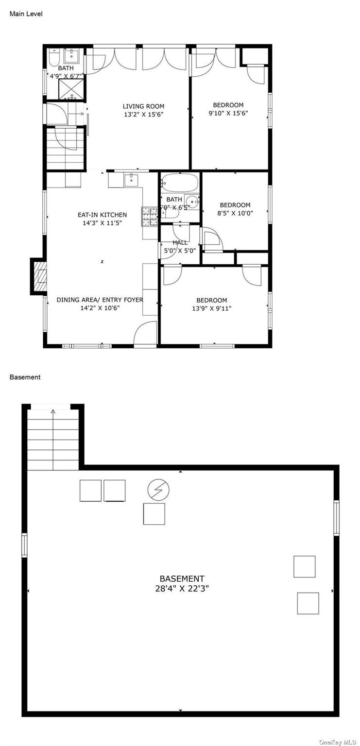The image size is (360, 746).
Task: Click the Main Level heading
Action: tap(26, 14)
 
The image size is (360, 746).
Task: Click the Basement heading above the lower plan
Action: tap(25, 377)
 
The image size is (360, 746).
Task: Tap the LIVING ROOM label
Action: tap(143, 106)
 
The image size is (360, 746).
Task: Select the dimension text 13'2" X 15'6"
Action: tap(143, 115)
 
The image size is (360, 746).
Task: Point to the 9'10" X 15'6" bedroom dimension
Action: tap(228, 114)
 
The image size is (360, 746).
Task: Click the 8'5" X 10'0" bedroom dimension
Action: tap(235, 213)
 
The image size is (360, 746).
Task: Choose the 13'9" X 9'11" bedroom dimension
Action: tap(211, 308)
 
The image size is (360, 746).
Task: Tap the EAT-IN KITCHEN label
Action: tap(102, 215)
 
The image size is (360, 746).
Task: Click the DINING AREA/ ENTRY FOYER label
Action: tap(100, 300)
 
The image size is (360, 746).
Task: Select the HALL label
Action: tap(180, 242)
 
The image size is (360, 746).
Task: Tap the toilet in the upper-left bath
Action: tap(53, 58)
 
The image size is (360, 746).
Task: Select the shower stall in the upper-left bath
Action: tap(71, 89)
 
